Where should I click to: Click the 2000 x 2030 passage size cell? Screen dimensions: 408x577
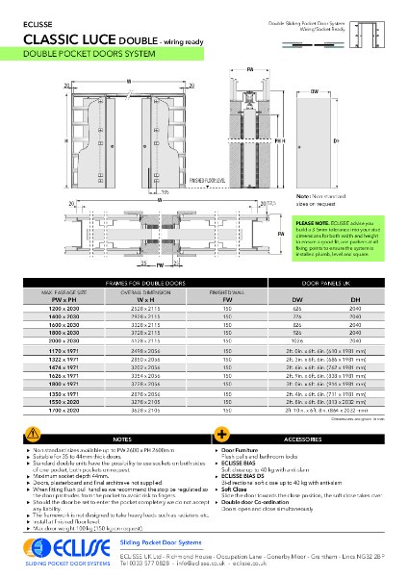click(64, 339)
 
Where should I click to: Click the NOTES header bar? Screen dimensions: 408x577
click(121, 438)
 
